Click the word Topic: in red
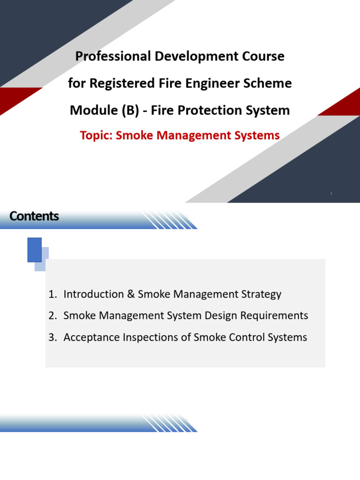pyautogui.click(x=96, y=135)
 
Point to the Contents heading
pyautogui.click(x=34, y=216)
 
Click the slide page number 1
pyautogui.click(x=331, y=193)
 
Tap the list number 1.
pyautogui.click(x=52, y=294)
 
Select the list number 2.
pyautogui.click(x=52, y=315)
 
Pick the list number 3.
pyautogui.click(x=52, y=337)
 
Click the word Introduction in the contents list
pyautogui.click(x=93, y=294)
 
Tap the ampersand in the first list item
pyautogui.click(x=131, y=294)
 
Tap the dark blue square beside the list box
pyautogui.click(x=35, y=250)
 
